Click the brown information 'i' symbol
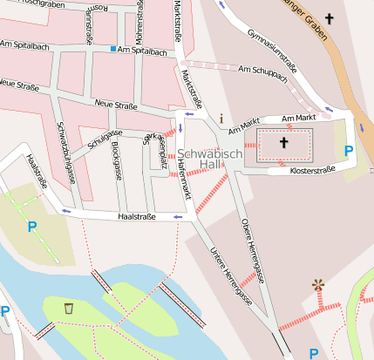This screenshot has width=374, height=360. [221, 118]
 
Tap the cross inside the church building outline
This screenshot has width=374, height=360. [283, 142]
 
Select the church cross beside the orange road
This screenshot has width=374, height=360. [329, 18]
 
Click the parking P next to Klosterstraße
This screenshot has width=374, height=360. [349, 152]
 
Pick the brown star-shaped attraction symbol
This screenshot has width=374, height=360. [318, 285]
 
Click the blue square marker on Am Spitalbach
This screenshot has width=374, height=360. [113, 49]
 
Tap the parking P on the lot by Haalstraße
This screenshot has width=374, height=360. [32, 227]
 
